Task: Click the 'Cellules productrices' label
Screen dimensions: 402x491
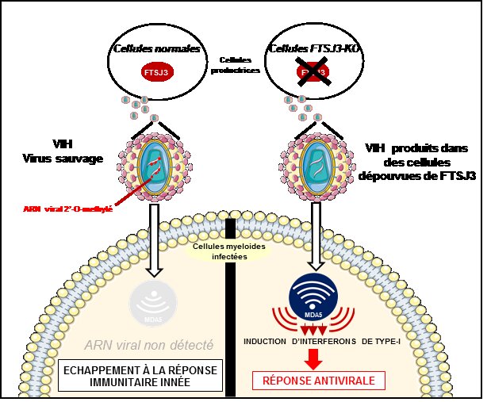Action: click(x=235, y=65)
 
